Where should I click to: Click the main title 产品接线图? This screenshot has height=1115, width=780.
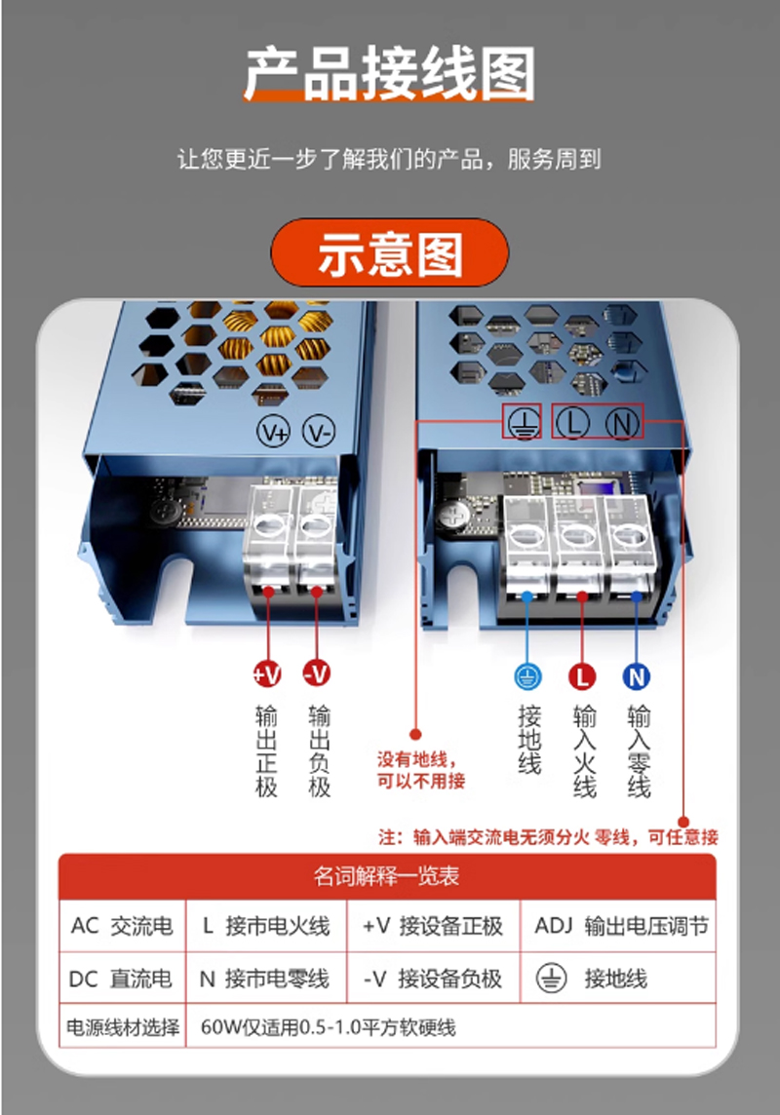coord(389,74)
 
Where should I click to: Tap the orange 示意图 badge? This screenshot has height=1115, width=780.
coord(390,253)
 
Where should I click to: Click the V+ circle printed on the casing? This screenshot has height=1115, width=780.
coord(274,432)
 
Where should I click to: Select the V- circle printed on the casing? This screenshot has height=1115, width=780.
coord(319,432)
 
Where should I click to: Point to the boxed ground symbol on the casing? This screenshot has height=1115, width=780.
coord(524,422)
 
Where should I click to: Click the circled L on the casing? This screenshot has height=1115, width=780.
coord(572,423)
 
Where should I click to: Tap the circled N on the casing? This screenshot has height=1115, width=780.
coord(622,423)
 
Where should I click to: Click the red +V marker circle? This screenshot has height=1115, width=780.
coord(267,673)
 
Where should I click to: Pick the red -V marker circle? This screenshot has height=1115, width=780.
coord(317,673)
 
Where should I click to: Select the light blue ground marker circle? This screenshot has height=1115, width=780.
coord(527,677)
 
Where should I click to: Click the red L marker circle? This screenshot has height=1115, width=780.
coord(582,677)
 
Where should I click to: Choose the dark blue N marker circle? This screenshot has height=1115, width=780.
coord(637,677)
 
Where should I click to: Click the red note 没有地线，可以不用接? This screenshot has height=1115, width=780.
coord(421,770)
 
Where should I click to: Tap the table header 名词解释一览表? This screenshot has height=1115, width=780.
coord(387,876)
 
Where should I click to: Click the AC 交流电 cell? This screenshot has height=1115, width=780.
coord(122,926)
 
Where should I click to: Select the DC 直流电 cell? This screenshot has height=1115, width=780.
coord(122,979)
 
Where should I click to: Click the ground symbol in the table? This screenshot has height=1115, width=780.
coord(551,979)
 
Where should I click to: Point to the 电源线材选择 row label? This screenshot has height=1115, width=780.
coord(122,1027)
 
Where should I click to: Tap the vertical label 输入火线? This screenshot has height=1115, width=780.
coord(584,750)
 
